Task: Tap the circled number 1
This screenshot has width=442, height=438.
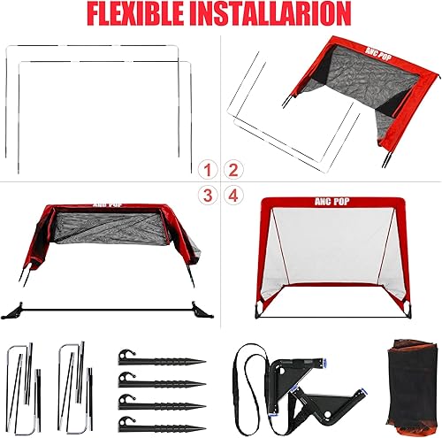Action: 209,169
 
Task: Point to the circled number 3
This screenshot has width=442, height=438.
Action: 209,194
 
